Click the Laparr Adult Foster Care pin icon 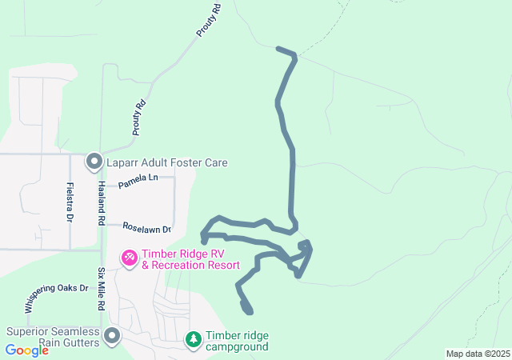click(x=94, y=162)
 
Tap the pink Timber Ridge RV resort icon click(x=128, y=258)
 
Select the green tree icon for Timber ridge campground click(x=193, y=340)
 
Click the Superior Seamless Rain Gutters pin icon click(x=112, y=336)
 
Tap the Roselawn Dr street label click(x=146, y=229)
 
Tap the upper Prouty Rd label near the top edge click(x=208, y=21)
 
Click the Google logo click(x=27, y=350)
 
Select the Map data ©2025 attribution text click(x=478, y=354)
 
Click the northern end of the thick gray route click(x=278, y=49)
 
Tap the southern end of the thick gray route click(x=250, y=311)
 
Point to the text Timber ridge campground click(x=237, y=341)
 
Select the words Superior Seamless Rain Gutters click(x=53, y=338)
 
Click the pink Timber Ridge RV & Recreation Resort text click(x=190, y=260)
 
